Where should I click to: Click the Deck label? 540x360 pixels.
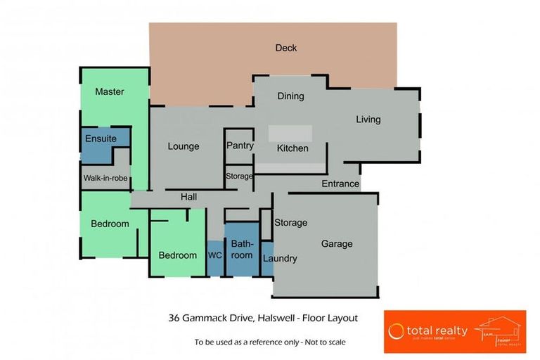285,48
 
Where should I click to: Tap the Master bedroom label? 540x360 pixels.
110,91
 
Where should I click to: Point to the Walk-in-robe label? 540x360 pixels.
105,178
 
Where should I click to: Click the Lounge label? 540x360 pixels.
184,146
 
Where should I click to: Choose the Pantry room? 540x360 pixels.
240,146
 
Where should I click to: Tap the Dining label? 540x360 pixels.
290,96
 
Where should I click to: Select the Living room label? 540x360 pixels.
368,120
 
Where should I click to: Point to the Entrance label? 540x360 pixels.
340,184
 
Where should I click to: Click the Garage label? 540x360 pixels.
337,244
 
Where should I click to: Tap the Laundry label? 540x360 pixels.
280,258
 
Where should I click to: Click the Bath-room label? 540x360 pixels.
242,249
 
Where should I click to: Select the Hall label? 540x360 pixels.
188,197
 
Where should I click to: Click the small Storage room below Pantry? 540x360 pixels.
239,176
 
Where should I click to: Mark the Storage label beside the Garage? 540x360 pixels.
290,223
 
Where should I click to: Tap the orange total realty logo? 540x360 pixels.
454,331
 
